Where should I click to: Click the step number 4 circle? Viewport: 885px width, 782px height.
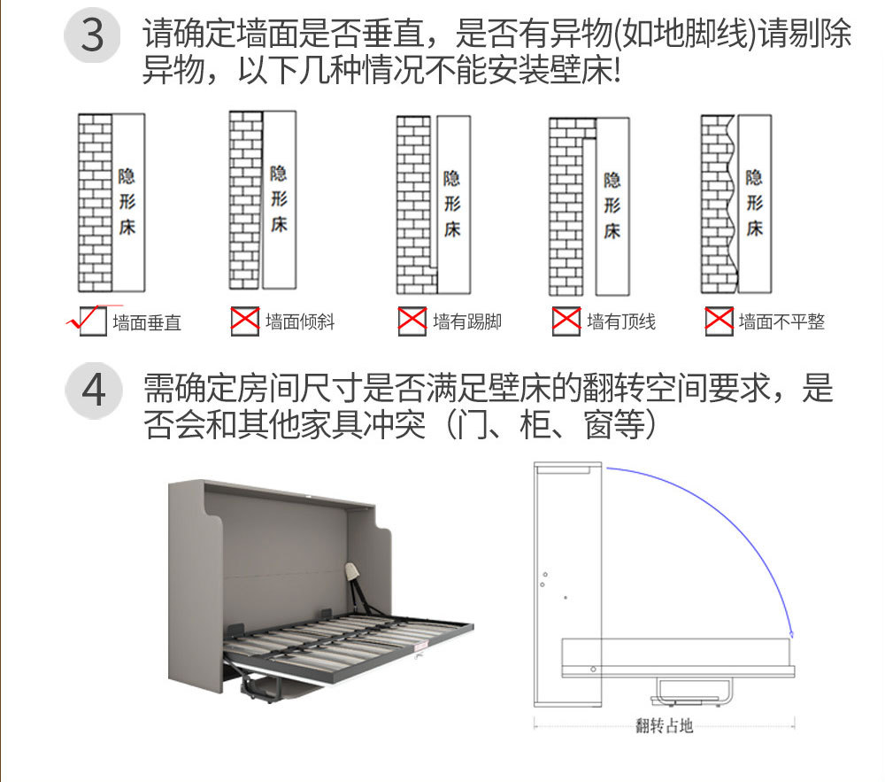click(93, 391)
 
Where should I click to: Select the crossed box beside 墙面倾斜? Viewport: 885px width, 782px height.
click(244, 321)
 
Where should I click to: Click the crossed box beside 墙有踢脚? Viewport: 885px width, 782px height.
click(412, 321)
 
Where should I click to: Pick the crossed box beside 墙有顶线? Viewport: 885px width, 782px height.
click(566, 321)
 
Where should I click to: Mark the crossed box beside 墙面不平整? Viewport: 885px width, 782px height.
click(719, 321)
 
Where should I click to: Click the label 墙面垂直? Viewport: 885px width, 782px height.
click(147, 322)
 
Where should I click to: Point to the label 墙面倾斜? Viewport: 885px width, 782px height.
click(300, 321)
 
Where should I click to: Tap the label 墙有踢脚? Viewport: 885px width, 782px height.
click(467, 321)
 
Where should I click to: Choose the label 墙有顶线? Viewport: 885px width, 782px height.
click(621, 321)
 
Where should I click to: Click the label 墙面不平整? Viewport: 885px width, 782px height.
click(781, 321)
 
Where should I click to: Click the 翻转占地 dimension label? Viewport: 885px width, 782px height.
click(664, 726)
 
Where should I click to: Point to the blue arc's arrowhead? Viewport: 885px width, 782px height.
click(791, 632)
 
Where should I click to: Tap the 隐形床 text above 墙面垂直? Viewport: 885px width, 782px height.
click(127, 202)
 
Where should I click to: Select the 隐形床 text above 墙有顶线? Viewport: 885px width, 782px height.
click(612, 205)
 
